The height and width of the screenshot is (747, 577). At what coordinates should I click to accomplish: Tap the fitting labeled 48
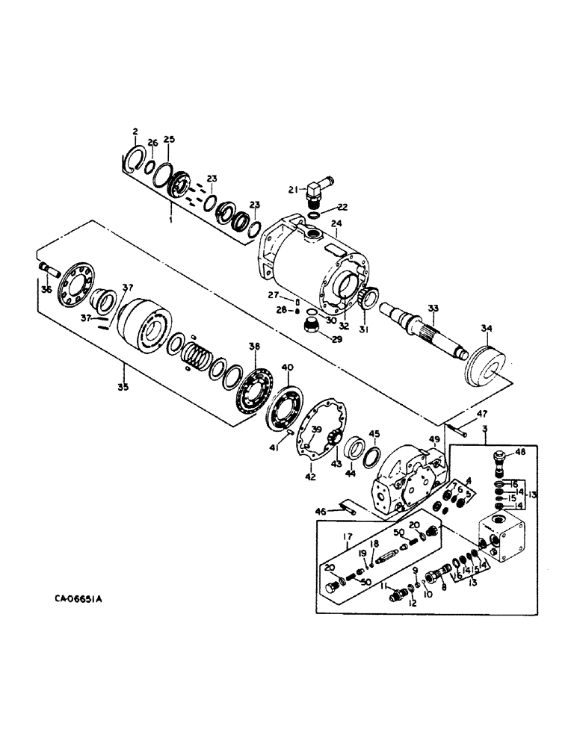tap(499, 459)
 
